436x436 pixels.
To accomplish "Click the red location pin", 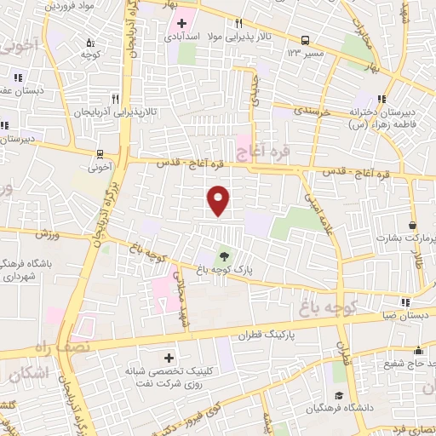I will (x=219, y=200).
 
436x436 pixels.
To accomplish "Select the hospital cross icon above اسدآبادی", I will (x=182, y=22).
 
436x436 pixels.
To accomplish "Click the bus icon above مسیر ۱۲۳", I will (x=305, y=39).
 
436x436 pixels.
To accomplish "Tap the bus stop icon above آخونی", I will (x=101, y=154).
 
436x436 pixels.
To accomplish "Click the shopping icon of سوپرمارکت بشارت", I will (x=413, y=226).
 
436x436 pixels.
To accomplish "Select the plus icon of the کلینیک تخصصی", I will (x=168, y=358).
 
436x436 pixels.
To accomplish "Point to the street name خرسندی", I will (x=295, y=111).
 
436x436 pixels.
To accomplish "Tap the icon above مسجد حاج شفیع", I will (x=418, y=351).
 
